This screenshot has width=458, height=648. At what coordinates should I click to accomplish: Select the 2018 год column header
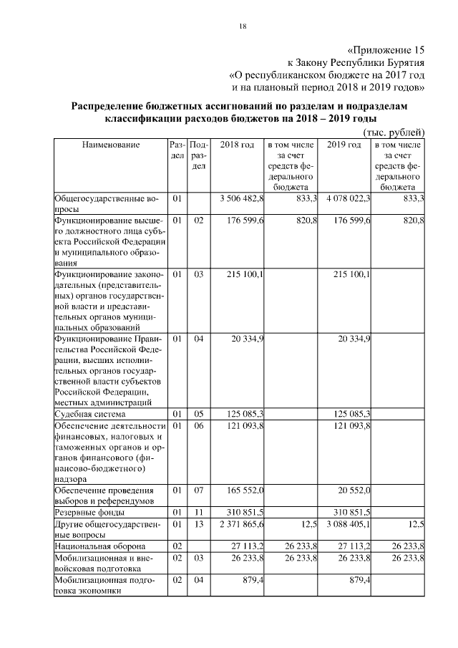click(x=238, y=145)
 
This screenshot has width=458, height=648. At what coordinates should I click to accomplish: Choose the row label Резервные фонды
click(x=88, y=513)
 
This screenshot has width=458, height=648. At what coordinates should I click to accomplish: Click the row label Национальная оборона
click(x=96, y=547)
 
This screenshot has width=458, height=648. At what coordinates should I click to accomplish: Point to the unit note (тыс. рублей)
click(x=394, y=132)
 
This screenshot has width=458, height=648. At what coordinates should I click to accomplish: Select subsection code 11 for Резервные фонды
click(x=200, y=513)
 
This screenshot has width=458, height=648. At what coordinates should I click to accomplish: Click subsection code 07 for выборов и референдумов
click(x=200, y=490)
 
